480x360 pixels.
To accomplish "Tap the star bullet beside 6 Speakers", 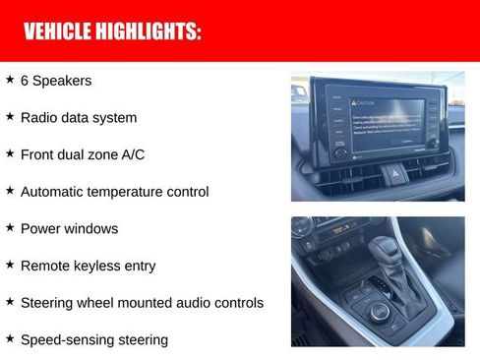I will [x=10, y=79].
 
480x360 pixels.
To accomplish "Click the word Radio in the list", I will [x=38, y=117].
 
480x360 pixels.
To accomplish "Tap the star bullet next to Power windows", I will [x=10, y=227].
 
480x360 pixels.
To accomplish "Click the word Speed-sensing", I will [x=66, y=340].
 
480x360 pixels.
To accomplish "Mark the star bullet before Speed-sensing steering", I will [x=10, y=338].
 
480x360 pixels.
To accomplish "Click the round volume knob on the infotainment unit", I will [x=340, y=152].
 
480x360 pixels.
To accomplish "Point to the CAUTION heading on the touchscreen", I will [x=366, y=102].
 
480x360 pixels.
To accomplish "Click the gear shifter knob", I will [x=387, y=246].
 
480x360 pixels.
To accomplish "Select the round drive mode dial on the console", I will [x=377, y=313].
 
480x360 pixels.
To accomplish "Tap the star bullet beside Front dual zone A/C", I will [x=10, y=153].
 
